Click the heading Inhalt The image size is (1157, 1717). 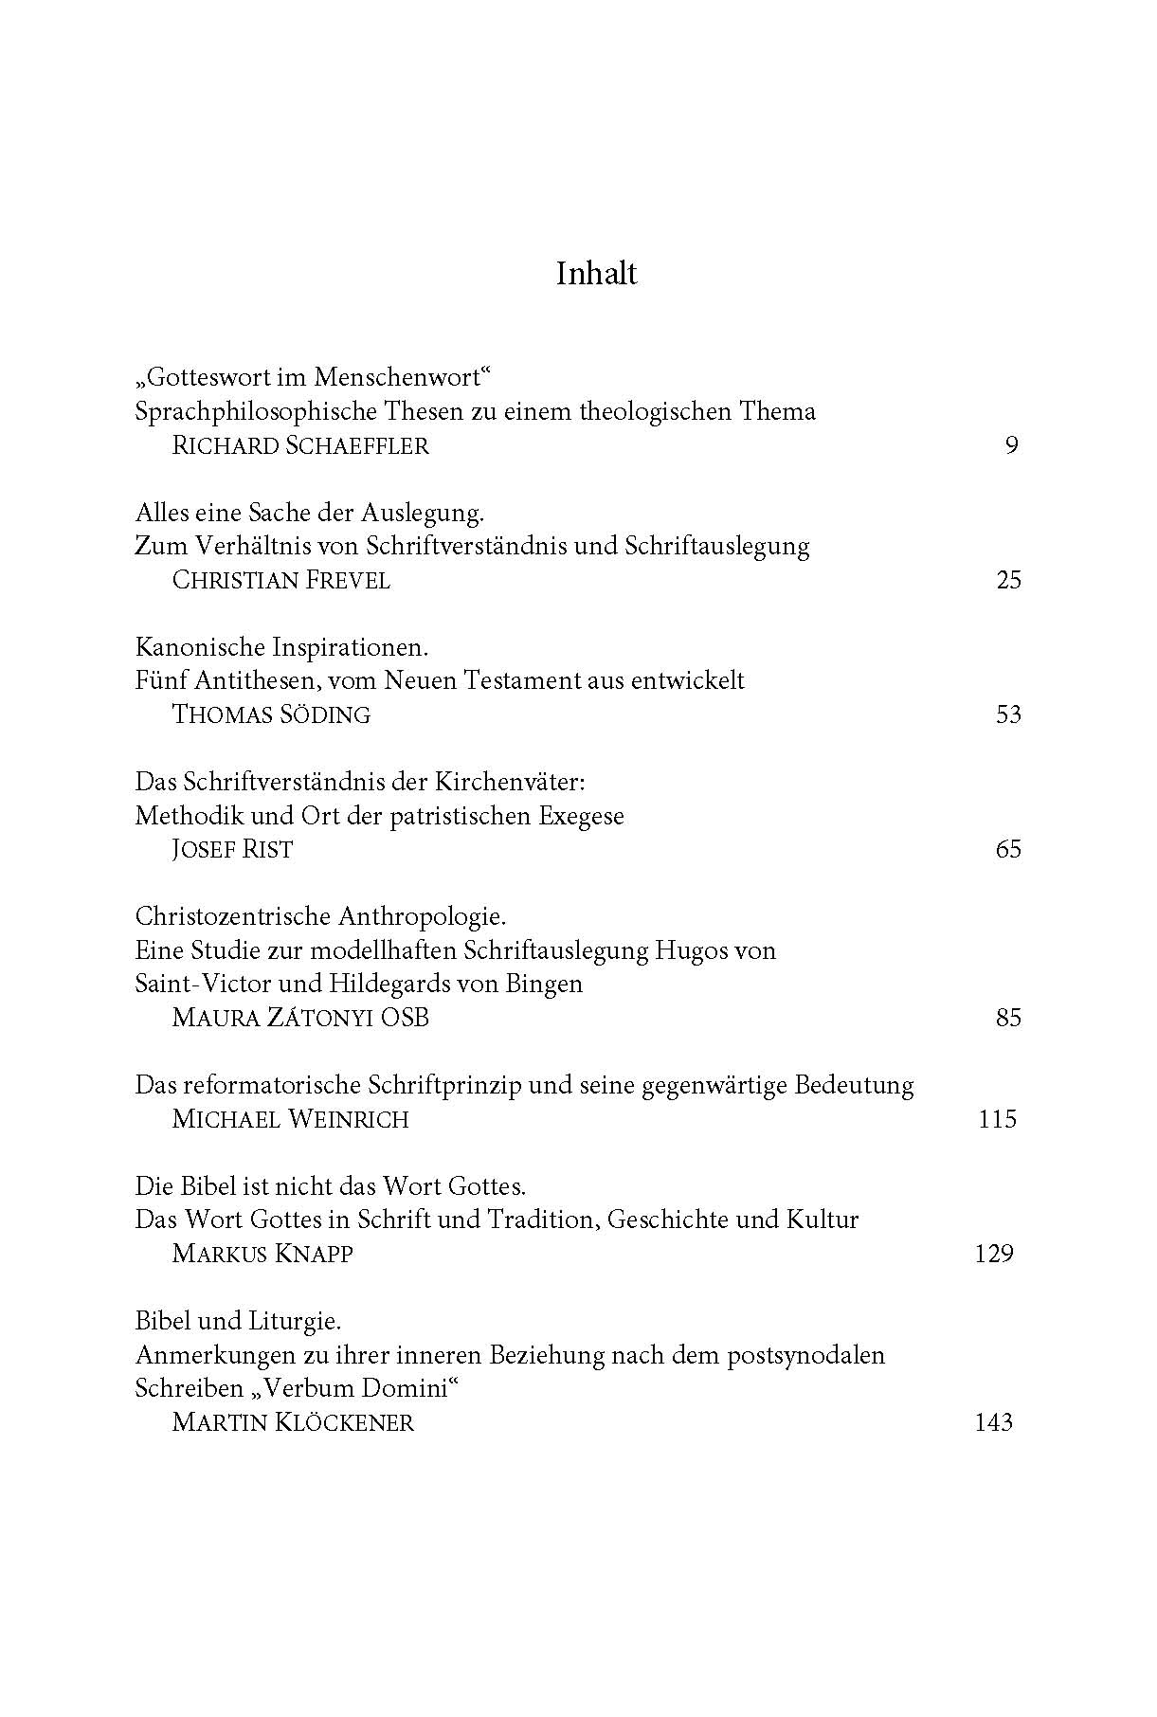[596, 274]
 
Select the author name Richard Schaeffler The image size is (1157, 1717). [300, 445]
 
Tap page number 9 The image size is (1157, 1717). [1011, 445]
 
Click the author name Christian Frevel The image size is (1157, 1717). [281, 580]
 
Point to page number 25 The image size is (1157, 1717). [1008, 580]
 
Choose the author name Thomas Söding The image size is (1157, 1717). [271, 714]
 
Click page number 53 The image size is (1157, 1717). [1008, 714]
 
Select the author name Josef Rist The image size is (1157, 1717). [232, 849]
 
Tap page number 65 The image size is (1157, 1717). [1008, 849]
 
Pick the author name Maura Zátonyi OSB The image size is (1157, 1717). [300, 1018]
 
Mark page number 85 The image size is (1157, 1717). [1008, 1018]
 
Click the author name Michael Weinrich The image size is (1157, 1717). [291, 1119]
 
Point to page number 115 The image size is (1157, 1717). [997, 1119]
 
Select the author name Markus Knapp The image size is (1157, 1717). [262, 1254]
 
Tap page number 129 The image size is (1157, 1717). [994, 1254]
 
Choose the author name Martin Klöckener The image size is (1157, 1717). [293, 1422]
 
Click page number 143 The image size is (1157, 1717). [994, 1422]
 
